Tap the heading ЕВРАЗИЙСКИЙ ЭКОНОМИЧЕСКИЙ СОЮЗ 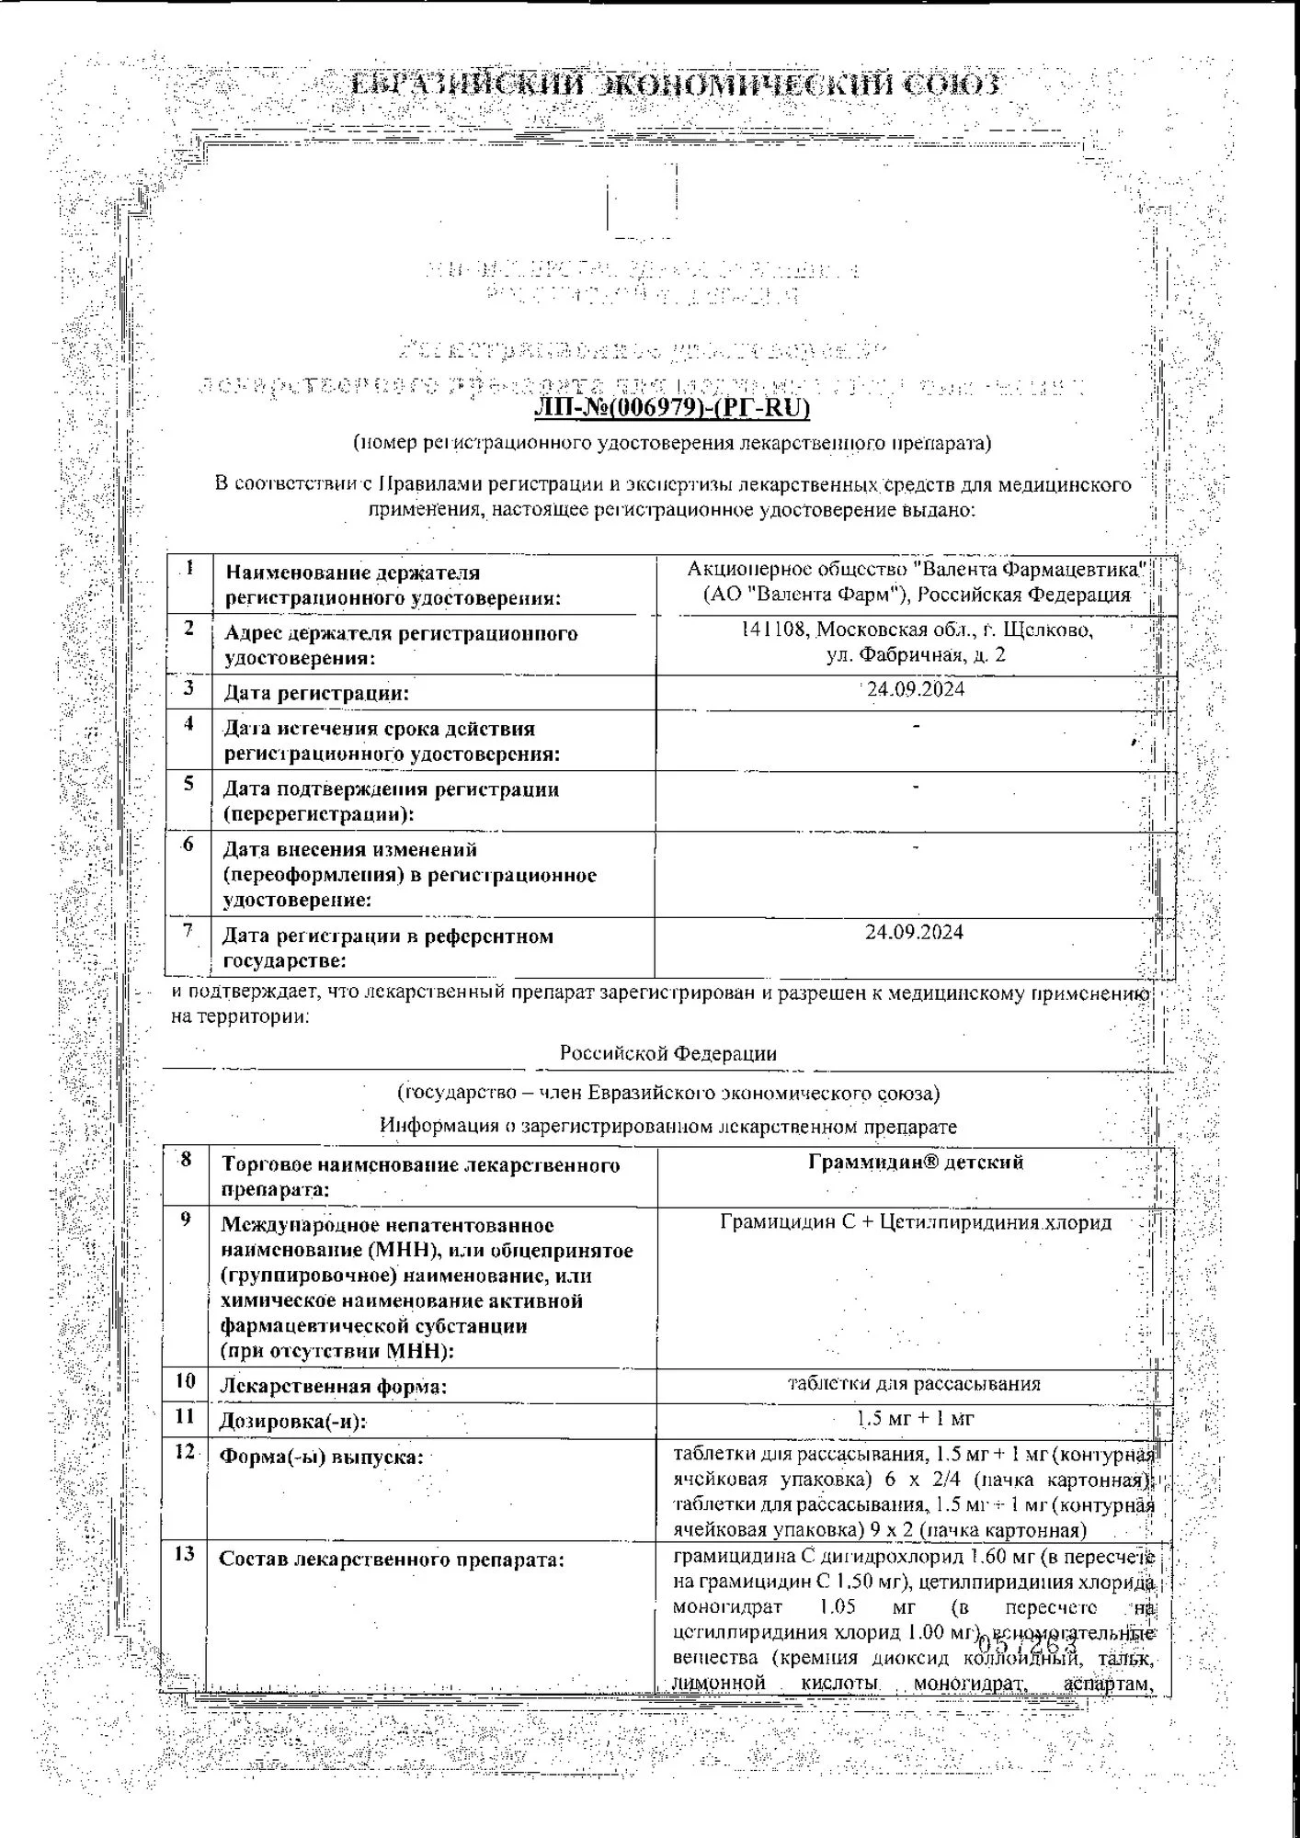676,86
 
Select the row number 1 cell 189,568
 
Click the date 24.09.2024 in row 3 916,689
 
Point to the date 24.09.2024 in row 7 914,932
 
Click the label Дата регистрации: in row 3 316,693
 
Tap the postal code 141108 774,630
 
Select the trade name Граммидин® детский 916,1162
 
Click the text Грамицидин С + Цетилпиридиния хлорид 916,1222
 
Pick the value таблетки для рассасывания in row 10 914,1383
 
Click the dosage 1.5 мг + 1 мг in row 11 914,1418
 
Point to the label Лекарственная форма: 333,1386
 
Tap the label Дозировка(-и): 292,1421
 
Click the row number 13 185,1553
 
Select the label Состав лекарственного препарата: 391,1559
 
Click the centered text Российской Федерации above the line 667,1053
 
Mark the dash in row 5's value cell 916,787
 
